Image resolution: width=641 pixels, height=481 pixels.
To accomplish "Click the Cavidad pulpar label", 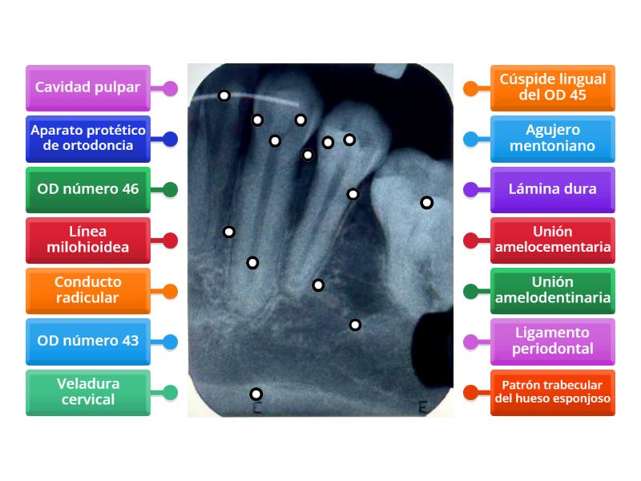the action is point(88,88).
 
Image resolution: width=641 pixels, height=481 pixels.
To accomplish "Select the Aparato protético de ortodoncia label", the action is point(88,139).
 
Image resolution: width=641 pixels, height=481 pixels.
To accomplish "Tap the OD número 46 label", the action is point(88,189).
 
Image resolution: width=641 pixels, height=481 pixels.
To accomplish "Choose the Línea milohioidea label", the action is point(88,240).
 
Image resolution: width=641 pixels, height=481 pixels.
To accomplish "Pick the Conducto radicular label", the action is point(88,291).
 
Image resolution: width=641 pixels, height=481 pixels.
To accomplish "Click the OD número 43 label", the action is point(88,342).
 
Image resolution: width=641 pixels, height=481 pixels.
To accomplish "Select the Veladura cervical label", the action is point(88,393).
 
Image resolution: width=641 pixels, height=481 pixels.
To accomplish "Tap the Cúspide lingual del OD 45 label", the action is point(553,88).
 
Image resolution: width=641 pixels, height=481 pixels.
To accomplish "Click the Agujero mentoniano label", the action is point(553,139).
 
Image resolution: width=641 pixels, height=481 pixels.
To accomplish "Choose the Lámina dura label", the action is point(553,189).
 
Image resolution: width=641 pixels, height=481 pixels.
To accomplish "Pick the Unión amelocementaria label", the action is point(553,240).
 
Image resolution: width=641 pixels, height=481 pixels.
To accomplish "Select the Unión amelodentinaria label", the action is point(553,291).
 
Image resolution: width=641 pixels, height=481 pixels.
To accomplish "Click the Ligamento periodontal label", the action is point(553,342).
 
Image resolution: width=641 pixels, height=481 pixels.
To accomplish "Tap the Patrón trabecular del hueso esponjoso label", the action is point(553,393).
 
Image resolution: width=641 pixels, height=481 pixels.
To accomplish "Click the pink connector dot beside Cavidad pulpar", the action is point(170,88).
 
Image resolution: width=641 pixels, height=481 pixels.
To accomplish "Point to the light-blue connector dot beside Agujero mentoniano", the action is point(471,139).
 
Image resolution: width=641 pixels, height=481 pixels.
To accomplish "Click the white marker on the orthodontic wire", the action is point(224,95).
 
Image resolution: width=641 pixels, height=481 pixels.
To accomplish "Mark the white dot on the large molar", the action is point(427,203).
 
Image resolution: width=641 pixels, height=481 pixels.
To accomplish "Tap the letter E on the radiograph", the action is point(423,407).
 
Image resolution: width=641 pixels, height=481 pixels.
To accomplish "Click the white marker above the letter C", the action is point(256,394).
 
